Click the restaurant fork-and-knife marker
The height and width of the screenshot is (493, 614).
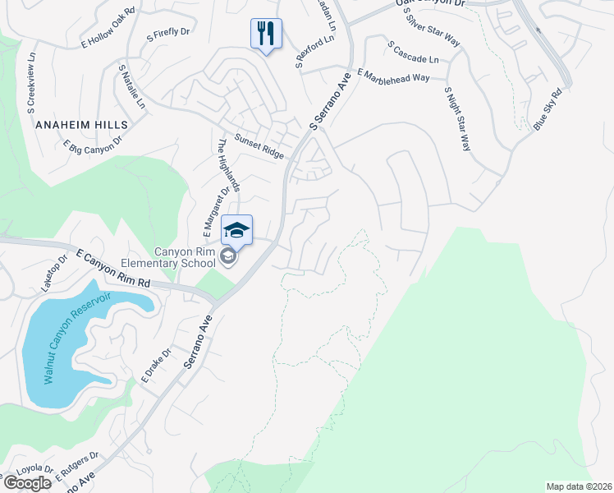point(266,34)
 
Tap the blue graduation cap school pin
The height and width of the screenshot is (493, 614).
point(236,231)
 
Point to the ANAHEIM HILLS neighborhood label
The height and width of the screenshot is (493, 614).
point(82,124)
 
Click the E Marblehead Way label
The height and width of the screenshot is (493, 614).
point(393,77)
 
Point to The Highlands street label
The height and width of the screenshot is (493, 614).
point(227,164)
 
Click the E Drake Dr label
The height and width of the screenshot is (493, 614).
point(155,366)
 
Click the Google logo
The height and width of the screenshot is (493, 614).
point(27,482)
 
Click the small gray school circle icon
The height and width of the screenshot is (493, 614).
point(228,257)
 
